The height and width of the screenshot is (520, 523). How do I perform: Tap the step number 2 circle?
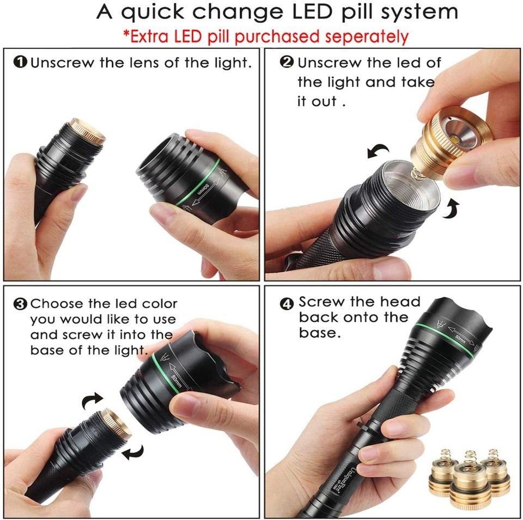pyautogui.click(x=287, y=62)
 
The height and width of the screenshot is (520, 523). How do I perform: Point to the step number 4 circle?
pyautogui.click(x=287, y=304)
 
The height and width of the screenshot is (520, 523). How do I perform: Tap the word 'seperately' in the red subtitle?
pyautogui.click(x=366, y=36)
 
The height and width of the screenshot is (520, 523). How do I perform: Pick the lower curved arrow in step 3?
pyautogui.click(x=132, y=451)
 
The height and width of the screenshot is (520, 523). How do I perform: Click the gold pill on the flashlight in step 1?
pyautogui.click(x=88, y=131)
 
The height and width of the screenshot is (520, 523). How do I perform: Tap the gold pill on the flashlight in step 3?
pyautogui.click(x=117, y=424)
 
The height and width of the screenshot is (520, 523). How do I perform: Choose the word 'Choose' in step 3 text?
pyautogui.click(x=57, y=304)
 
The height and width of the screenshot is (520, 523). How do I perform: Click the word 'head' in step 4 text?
pyautogui.click(x=400, y=302)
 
